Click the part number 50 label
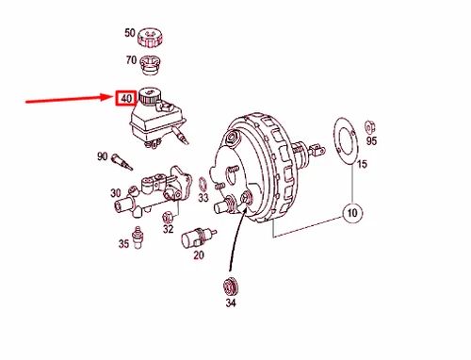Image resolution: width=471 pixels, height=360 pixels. click(x=130, y=33)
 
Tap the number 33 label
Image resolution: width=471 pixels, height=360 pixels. click(x=203, y=199)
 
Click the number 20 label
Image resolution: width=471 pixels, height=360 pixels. click(x=199, y=254)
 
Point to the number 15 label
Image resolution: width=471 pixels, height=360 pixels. click(x=362, y=166)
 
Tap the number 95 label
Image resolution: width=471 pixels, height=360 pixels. click(x=371, y=141)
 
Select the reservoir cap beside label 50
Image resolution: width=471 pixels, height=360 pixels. click(x=151, y=37)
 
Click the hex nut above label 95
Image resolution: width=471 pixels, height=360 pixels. click(x=370, y=123)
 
